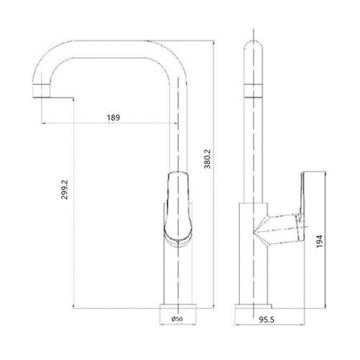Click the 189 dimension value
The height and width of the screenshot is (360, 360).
114,118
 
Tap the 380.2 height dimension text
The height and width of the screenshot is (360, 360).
208,159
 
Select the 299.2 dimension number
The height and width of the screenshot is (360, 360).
64,189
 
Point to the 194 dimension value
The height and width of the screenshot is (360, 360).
320,241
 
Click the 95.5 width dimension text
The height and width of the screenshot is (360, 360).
267,320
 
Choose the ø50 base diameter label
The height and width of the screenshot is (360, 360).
177,319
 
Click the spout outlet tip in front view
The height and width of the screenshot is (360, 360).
41,91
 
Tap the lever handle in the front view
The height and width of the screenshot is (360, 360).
178,208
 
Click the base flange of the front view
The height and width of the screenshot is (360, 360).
178,306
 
